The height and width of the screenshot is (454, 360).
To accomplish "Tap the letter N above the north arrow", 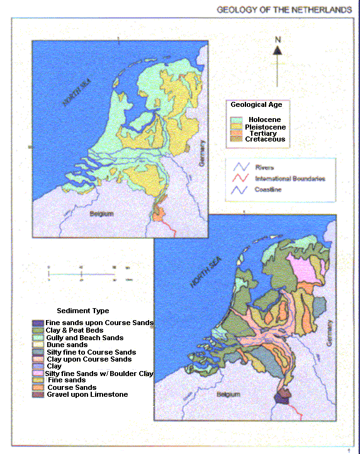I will (277, 40).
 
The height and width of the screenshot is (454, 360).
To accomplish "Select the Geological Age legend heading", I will (256, 105).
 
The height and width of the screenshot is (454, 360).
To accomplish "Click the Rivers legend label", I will (264, 167).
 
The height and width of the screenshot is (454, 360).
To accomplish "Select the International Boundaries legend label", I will (290, 179).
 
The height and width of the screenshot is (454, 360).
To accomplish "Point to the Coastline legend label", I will (268, 189).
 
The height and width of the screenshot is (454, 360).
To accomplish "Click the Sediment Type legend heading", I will (82, 311).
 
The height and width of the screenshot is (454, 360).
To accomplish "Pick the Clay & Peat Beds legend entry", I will (74, 330).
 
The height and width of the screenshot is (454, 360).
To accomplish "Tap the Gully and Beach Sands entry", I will (84, 338).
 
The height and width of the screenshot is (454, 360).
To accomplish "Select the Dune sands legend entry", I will (67, 345).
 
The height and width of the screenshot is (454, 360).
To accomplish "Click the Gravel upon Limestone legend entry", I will (87, 394).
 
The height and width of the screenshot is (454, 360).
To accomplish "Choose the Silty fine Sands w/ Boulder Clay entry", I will (99, 374).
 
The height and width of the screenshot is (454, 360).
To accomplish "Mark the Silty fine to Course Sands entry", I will (91, 352).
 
